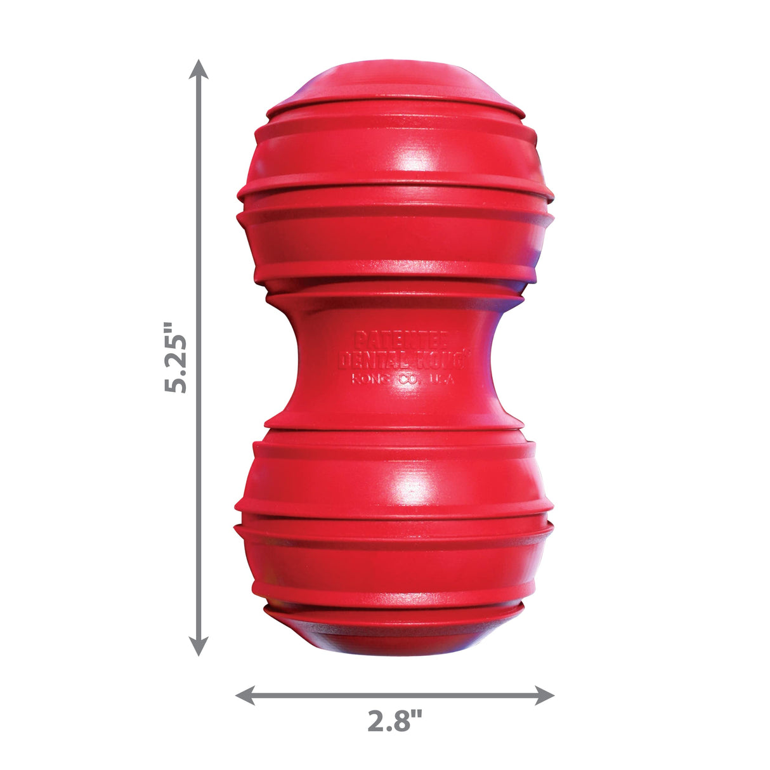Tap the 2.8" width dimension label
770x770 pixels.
[394, 721]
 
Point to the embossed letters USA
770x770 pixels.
[437, 380]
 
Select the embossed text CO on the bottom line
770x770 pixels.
[403, 380]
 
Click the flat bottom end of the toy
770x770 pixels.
[396, 641]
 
